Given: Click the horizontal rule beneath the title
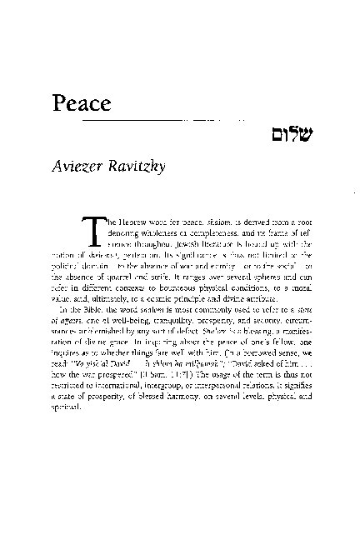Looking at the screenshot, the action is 175,121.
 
